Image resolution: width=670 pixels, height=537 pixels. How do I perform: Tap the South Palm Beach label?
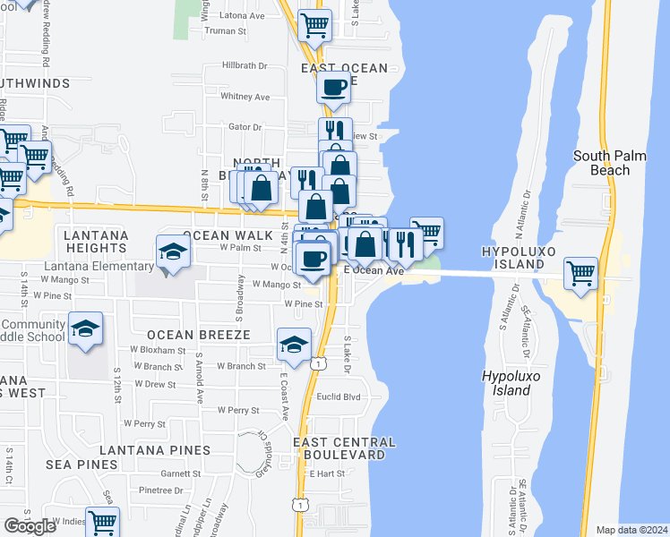click(609, 162)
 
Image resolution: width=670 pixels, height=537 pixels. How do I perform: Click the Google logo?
click(30, 525)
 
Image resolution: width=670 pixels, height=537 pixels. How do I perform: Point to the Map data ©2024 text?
click(631, 530)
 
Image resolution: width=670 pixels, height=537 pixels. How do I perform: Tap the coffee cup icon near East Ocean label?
click(334, 88)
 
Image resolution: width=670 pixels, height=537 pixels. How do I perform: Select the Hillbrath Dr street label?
click(245, 65)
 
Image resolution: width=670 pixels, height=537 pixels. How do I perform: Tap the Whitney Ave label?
click(245, 97)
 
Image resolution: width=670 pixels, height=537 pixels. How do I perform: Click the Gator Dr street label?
click(245, 127)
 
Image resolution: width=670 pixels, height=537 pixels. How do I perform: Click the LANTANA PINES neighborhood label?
click(155, 450)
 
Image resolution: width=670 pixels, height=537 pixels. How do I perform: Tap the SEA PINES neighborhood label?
click(84, 465)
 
